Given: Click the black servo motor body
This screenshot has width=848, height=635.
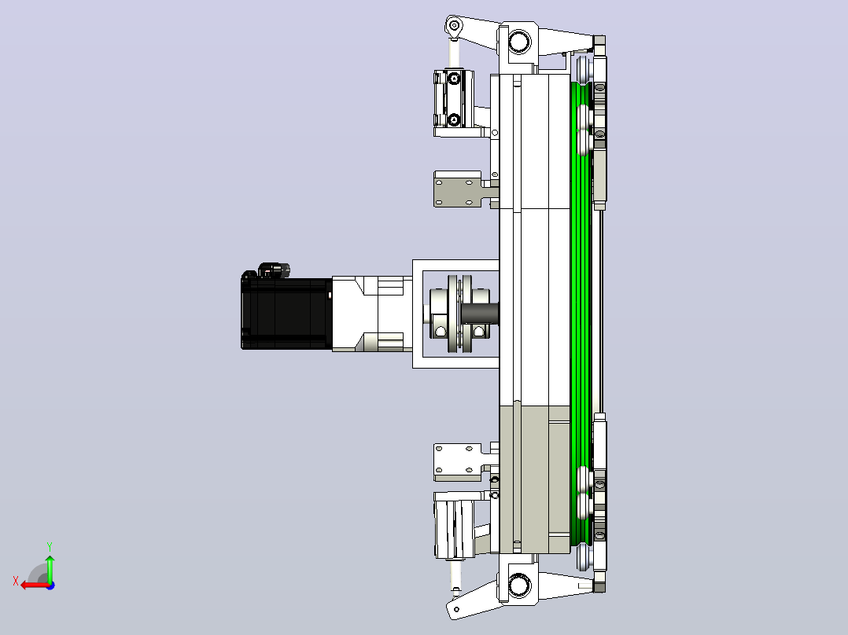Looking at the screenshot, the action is pyautogui.click(x=286, y=314).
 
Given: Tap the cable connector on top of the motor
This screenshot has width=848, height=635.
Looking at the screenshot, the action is pyautogui.click(x=274, y=269).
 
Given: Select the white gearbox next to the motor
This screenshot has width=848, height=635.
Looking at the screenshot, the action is pyautogui.click(x=372, y=314).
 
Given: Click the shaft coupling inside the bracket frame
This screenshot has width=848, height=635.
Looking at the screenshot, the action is pyautogui.click(x=459, y=314).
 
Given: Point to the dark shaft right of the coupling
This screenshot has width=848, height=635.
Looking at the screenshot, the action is pyautogui.click(x=495, y=314).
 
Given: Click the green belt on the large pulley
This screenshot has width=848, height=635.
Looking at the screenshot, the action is pyautogui.click(x=582, y=314).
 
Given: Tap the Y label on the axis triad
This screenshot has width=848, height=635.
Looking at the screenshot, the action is pyautogui.click(x=50, y=546).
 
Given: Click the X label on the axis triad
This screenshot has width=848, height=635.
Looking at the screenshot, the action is pyautogui.click(x=16, y=581).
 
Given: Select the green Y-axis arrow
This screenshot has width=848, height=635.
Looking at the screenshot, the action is pyautogui.click(x=50, y=568).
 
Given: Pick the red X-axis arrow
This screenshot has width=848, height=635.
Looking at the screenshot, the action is pyautogui.click(x=35, y=585).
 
